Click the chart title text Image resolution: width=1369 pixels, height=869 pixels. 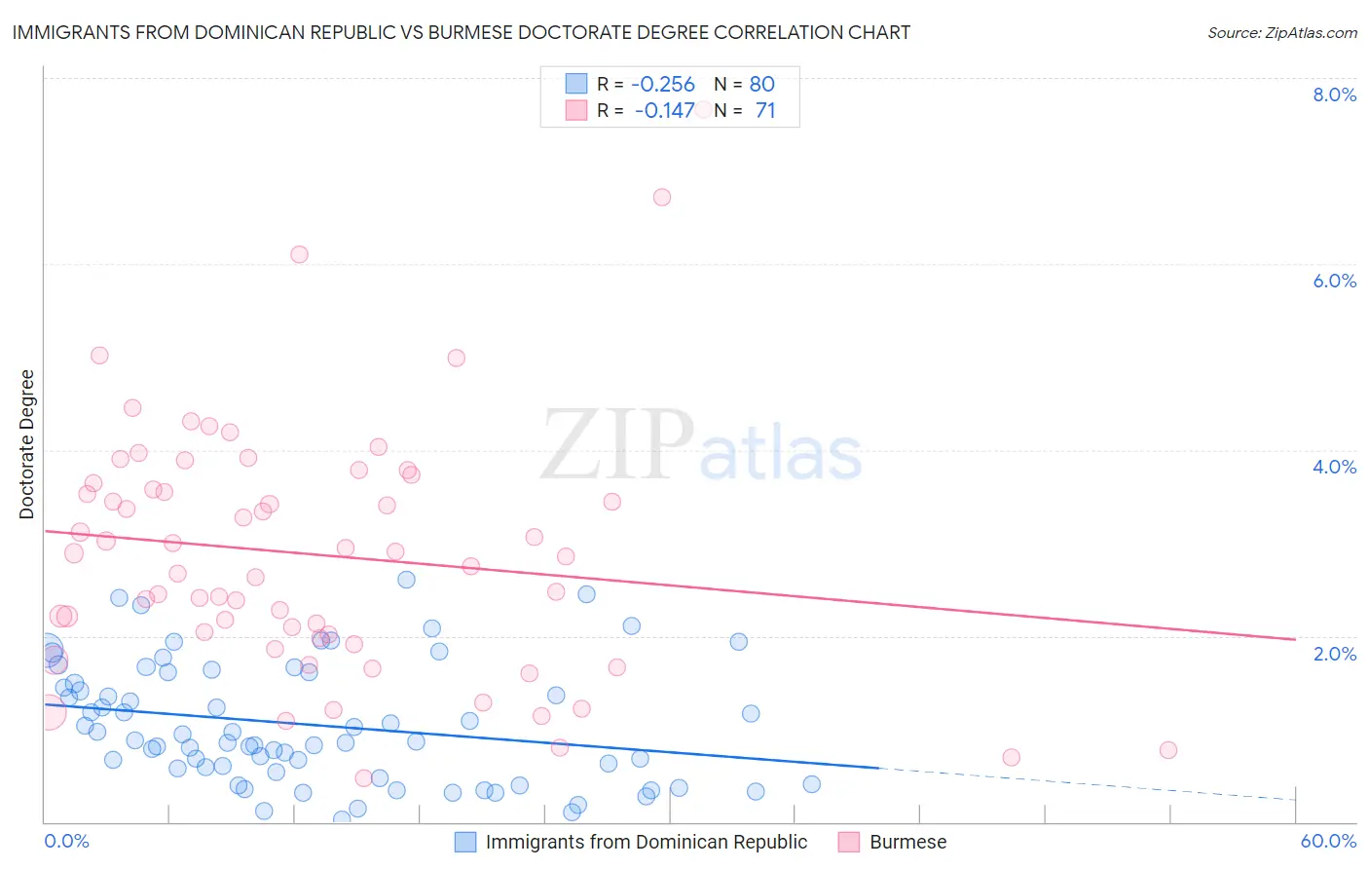pyautogui.click(x=461, y=32)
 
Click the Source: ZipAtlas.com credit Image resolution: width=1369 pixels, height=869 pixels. pyautogui.click(x=1281, y=32)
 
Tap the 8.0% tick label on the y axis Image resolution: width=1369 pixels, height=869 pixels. pyautogui.click(x=1334, y=94)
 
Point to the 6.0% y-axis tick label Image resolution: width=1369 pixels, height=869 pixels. pyautogui.click(x=1334, y=281)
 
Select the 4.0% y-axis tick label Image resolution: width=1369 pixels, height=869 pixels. pyautogui.click(x=1334, y=467)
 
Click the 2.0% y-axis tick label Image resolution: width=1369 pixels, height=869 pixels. pyautogui.click(x=1334, y=654)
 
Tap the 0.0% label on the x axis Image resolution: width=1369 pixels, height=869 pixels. pyautogui.click(x=66, y=841)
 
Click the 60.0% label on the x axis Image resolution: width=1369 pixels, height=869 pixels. pyautogui.click(x=1327, y=841)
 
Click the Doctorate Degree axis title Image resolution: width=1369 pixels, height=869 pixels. pyautogui.click(x=27, y=444)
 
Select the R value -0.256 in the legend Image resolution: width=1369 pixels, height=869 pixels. pyautogui.click(x=662, y=85)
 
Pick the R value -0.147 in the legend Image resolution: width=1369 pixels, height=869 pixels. pyautogui.click(x=664, y=111)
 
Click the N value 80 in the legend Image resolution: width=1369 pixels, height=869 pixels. pyautogui.click(x=761, y=85)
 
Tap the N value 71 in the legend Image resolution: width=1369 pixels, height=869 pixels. pyautogui.click(x=765, y=111)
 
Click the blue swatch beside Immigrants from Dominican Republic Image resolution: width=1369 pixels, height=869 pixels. pyautogui.click(x=465, y=842)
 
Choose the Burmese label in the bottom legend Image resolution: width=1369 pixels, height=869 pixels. pyautogui.click(x=907, y=842)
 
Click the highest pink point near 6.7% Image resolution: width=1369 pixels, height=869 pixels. pyautogui.click(x=662, y=197)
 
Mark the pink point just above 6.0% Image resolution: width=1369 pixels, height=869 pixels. pyautogui.click(x=299, y=254)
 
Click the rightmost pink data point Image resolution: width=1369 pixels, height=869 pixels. pyautogui.click(x=1168, y=749)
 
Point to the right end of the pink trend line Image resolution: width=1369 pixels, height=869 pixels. pyautogui.click(x=1295, y=639)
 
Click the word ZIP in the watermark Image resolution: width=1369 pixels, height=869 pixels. pyautogui.click(x=617, y=446)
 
